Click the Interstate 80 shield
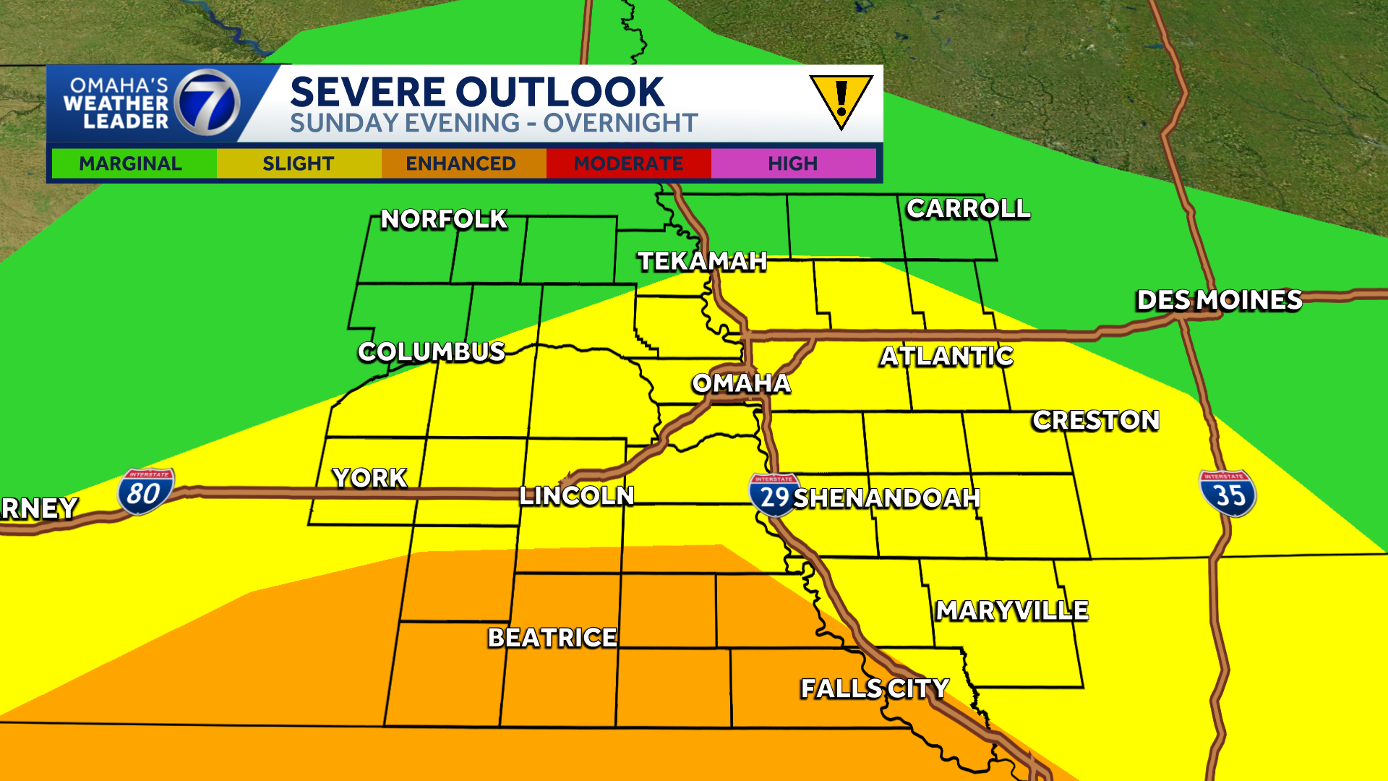145,492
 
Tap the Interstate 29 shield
774,495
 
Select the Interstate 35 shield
1228,493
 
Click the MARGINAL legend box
132,163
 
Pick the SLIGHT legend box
299,163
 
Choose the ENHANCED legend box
461,163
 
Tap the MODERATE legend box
628,163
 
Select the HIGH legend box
793,163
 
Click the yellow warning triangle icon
841,101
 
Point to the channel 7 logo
208,103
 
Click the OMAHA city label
741,383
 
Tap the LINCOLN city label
577,496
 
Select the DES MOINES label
1219,300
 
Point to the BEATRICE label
552,638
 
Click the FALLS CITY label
875,688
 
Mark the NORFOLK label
444,219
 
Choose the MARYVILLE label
1012,611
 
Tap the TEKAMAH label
702,261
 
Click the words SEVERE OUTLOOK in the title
477,92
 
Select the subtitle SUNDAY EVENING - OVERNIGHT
494,124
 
